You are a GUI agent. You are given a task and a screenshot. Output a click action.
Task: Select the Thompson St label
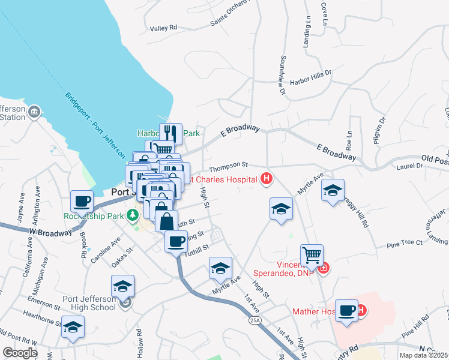click(x=228, y=164)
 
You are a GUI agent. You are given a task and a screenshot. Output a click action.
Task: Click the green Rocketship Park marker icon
click(x=131, y=215)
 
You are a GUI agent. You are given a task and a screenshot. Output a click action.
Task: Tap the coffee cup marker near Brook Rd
click(x=82, y=200)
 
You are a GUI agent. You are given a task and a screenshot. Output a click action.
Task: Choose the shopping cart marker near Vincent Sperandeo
click(x=312, y=256)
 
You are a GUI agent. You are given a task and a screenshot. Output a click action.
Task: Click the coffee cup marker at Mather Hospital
click(x=346, y=310)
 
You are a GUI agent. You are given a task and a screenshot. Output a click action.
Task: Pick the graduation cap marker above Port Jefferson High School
click(x=122, y=286)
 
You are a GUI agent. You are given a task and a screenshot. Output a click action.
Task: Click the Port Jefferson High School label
click(x=89, y=303)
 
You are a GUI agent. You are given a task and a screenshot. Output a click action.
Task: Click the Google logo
click(x=19, y=353)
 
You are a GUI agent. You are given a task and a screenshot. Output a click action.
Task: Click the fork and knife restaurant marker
click(x=170, y=133)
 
